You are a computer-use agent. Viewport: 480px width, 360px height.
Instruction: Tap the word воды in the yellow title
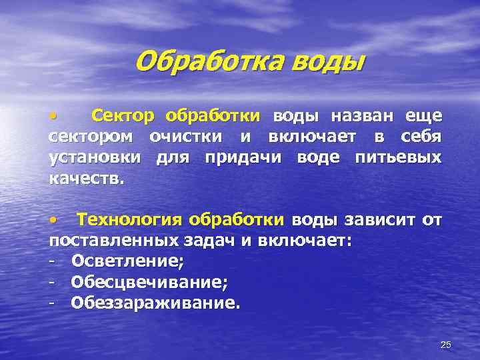coord(329,63)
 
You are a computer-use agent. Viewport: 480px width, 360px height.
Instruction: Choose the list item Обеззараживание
coord(154,303)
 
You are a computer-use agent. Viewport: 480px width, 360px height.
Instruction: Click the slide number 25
coord(446,344)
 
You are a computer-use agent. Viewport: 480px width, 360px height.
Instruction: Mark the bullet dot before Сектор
coord(53,117)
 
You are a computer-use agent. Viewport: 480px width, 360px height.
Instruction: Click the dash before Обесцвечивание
coord(52,283)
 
